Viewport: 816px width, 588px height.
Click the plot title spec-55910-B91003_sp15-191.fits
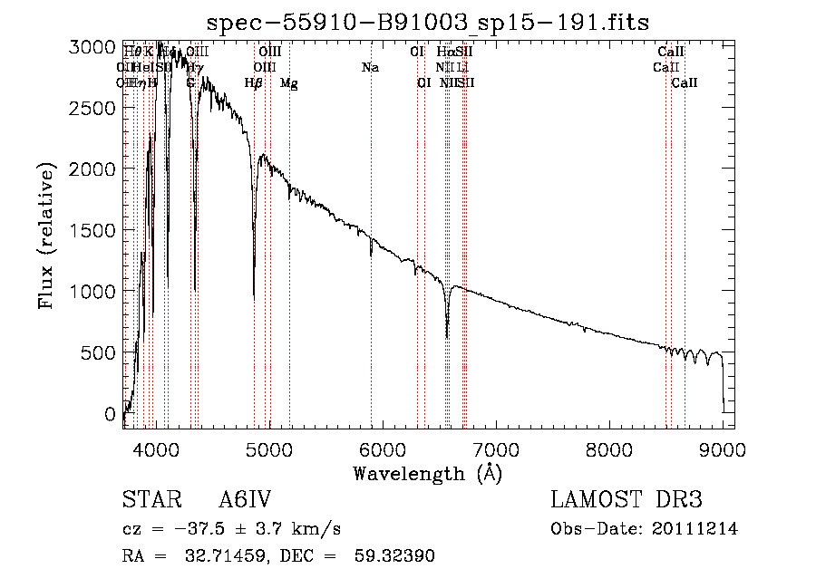[x=428, y=21]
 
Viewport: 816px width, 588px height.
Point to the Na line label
[x=370, y=67]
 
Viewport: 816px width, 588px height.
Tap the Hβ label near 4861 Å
[x=254, y=83]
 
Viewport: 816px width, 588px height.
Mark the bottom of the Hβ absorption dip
[x=254, y=298]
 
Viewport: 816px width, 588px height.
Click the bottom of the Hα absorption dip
[x=447, y=337]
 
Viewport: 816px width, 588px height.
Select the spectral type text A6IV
[x=245, y=501]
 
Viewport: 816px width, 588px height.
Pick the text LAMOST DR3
[x=627, y=501]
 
